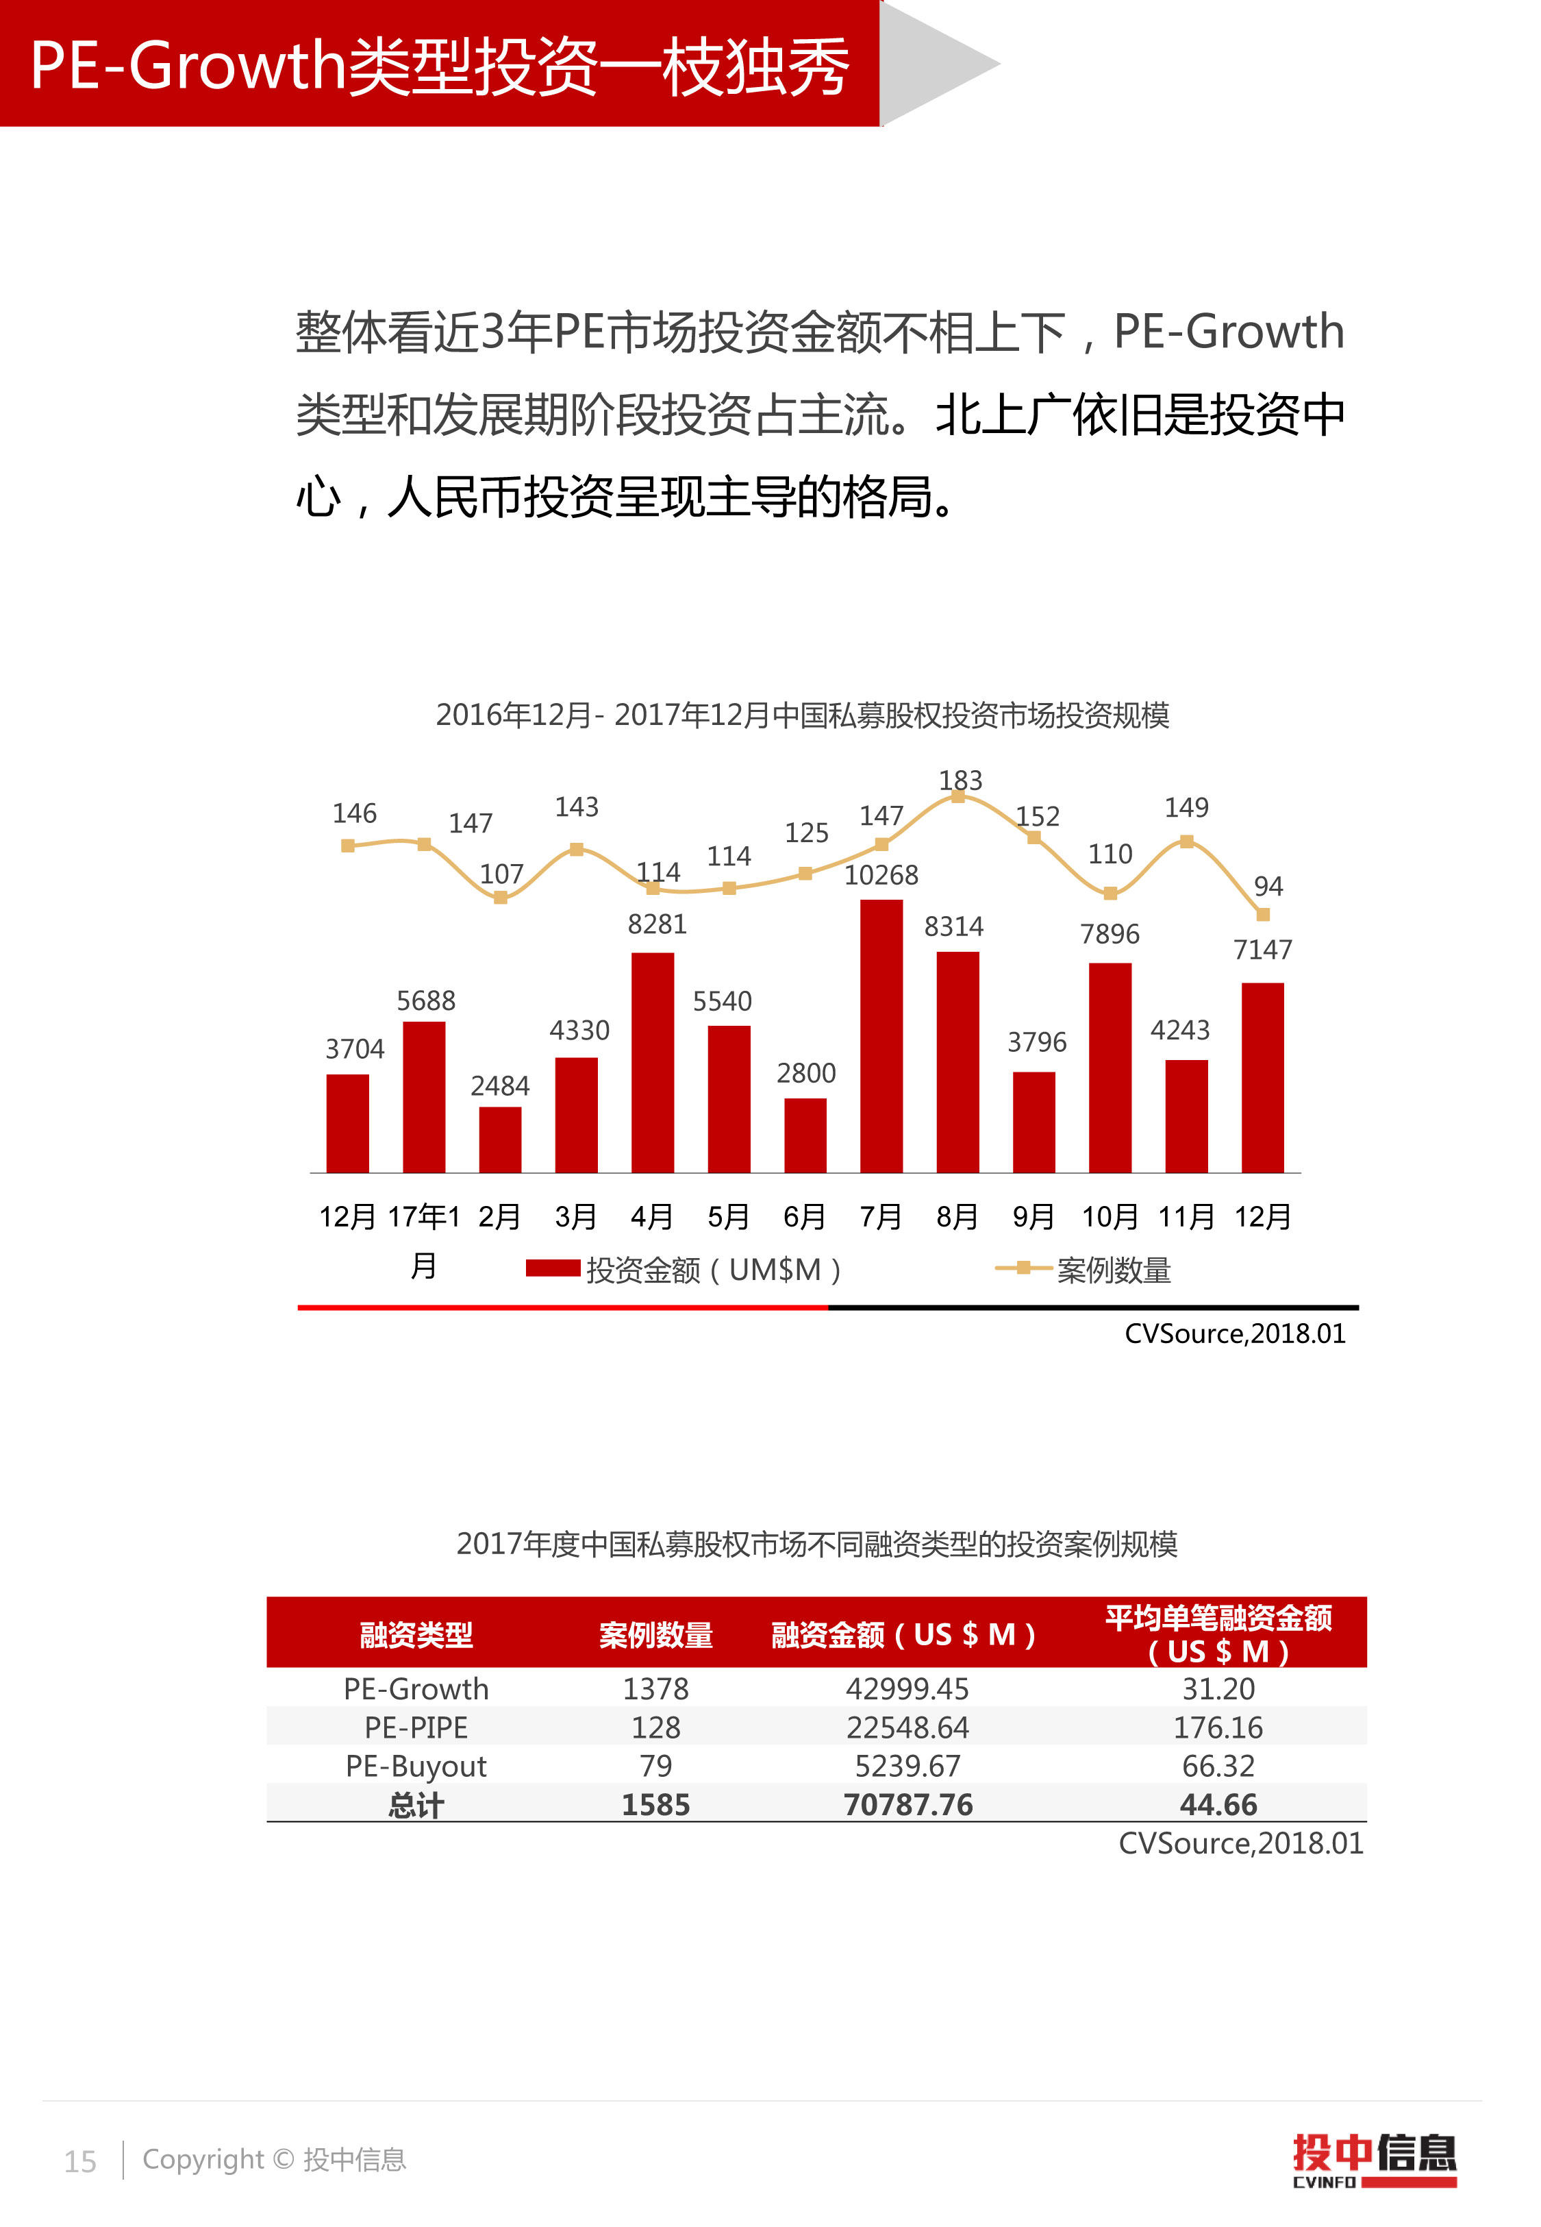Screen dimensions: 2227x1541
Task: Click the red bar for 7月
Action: tap(881, 1035)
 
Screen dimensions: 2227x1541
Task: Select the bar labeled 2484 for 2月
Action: tap(500, 1140)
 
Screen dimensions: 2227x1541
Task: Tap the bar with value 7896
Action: tap(1110, 1067)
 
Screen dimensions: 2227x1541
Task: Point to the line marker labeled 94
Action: tap(1262, 913)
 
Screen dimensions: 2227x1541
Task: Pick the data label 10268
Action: tap(881, 875)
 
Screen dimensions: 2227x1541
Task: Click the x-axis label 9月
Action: tap(1033, 1216)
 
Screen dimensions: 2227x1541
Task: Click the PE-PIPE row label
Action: tap(416, 1727)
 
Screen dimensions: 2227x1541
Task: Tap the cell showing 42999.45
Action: tap(907, 1688)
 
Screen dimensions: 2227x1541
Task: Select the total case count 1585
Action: tap(655, 1804)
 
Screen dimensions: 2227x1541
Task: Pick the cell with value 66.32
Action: tap(1218, 1765)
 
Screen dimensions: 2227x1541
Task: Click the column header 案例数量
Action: tap(655, 1634)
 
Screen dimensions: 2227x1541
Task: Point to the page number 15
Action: tap(80, 2161)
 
